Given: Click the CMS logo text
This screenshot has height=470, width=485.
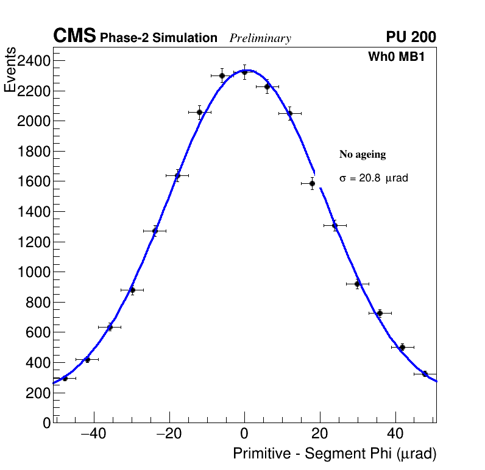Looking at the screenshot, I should point(74,37).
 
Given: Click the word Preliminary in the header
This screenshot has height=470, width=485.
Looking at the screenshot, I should point(260,38).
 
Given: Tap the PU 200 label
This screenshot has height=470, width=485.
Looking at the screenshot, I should point(411,37).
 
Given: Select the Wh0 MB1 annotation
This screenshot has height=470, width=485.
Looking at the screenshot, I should point(395,57).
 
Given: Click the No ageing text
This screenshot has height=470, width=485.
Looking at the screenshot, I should point(363,155).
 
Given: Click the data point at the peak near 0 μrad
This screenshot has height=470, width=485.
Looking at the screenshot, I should point(244,72).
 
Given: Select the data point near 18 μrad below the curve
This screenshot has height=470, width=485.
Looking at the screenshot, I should point(312,183).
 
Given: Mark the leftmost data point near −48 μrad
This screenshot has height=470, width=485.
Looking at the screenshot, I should point(65,378).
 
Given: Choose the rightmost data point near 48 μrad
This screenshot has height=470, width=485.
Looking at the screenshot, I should point(425,374).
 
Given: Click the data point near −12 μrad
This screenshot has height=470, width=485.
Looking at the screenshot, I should point(199,112).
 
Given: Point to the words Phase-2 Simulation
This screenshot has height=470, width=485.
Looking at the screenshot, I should point(158,38).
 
